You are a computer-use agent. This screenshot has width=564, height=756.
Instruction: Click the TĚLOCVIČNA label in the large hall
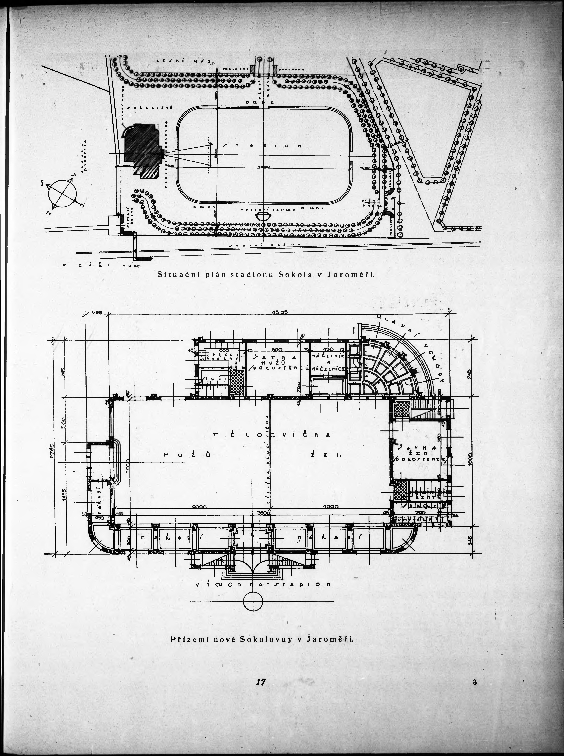point(271,435)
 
